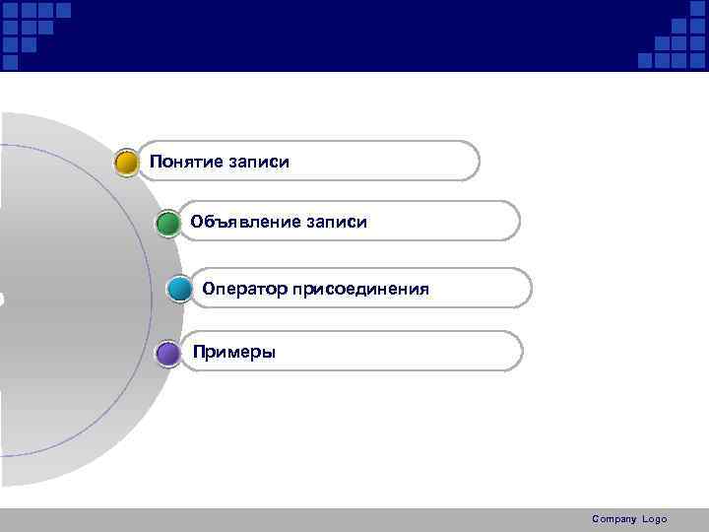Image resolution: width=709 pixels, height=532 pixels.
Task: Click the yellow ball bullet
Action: pos(126,163)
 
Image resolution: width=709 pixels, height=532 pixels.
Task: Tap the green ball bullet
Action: pos(167,223)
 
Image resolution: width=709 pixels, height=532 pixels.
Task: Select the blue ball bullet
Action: pos(179,290)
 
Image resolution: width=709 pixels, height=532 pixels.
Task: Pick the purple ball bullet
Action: pos(168,353)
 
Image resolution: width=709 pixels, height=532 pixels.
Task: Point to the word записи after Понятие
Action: pos(258,161)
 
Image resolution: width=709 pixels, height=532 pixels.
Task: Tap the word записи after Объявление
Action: pos(335,223)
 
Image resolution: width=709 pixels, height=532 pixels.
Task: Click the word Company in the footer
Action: pos(614,519)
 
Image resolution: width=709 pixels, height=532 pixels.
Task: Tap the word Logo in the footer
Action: pos(655,519)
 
